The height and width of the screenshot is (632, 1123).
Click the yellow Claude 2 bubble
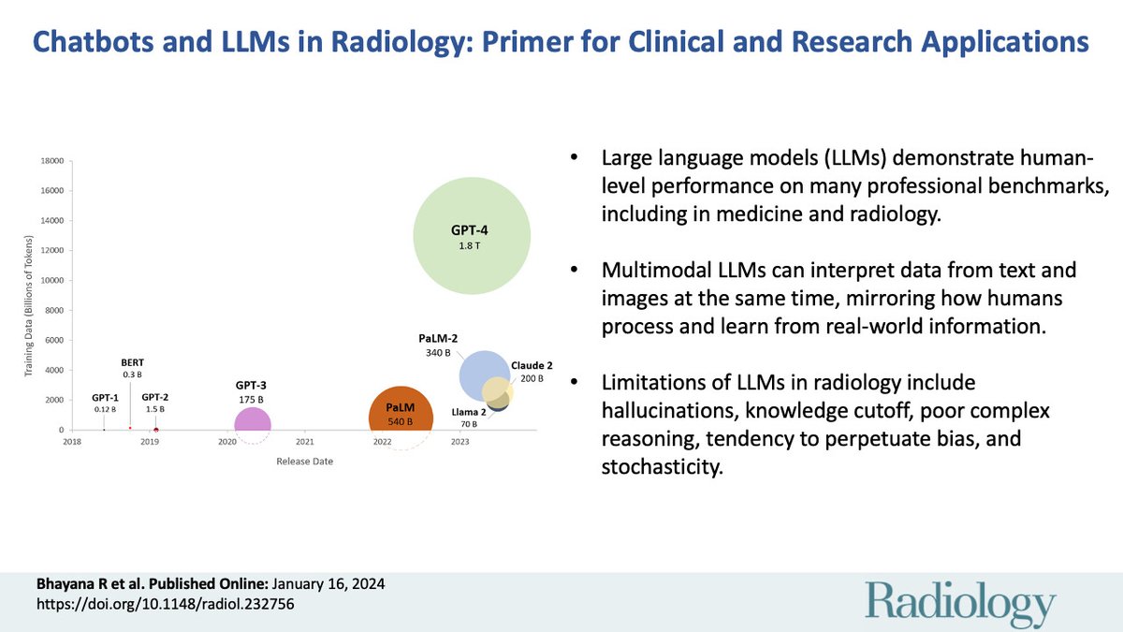[498, 390]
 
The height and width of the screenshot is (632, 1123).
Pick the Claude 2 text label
[532, 365]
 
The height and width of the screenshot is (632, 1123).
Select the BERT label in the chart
[132, 362]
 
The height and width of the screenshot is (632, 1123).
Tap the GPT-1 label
[105, 398]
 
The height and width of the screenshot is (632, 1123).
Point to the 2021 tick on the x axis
[304, 441]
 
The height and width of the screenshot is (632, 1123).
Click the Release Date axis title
[304, 461]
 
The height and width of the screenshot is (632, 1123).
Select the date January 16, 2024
[328, 584]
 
